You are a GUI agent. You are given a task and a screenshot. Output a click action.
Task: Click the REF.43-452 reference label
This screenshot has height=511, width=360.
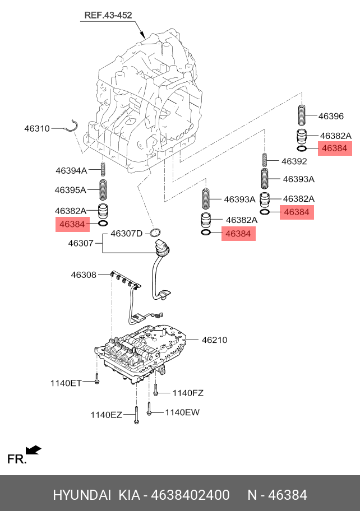[x=108, y=15]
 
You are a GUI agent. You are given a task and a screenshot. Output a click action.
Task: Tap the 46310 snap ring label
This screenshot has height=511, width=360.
[x=37, y=128]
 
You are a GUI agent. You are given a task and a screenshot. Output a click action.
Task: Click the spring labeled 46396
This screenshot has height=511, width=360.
[x=302, y=115]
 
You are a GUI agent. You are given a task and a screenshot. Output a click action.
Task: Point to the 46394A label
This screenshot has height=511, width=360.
[x=71, y=170]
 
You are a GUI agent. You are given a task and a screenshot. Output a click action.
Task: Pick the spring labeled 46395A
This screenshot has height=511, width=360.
[x=103, y=190]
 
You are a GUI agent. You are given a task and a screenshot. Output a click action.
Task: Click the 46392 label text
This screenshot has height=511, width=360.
[x=294, y=161]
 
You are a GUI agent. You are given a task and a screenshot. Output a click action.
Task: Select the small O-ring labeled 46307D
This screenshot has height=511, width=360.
[x=155, y=233]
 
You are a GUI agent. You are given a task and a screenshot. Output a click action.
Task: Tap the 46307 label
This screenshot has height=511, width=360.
[x=81, y=243]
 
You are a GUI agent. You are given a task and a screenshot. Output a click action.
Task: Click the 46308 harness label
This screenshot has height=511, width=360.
[x=84, y=275]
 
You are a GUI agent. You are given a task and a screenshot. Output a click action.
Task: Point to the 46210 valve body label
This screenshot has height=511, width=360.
[x=215, y=340]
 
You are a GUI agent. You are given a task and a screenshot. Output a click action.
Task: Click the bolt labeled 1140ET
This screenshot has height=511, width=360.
[x=96, y=379]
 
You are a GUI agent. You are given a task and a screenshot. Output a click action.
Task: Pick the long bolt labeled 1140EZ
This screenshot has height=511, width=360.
[x=136, y=415]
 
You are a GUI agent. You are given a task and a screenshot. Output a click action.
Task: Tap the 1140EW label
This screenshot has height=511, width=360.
[x=182, y=412]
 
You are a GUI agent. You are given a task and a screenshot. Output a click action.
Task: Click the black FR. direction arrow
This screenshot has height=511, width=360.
[x=34, y=450]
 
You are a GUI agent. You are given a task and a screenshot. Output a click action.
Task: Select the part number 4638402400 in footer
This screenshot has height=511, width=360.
[x=191, y=495]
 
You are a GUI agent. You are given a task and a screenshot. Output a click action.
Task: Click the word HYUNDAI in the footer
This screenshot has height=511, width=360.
[x=82, y=495]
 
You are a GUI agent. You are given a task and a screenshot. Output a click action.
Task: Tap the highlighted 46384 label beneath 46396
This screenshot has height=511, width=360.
[x=335, y=148]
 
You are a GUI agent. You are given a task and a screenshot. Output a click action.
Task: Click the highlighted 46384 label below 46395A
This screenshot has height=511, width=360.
[x=72, y=224]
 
